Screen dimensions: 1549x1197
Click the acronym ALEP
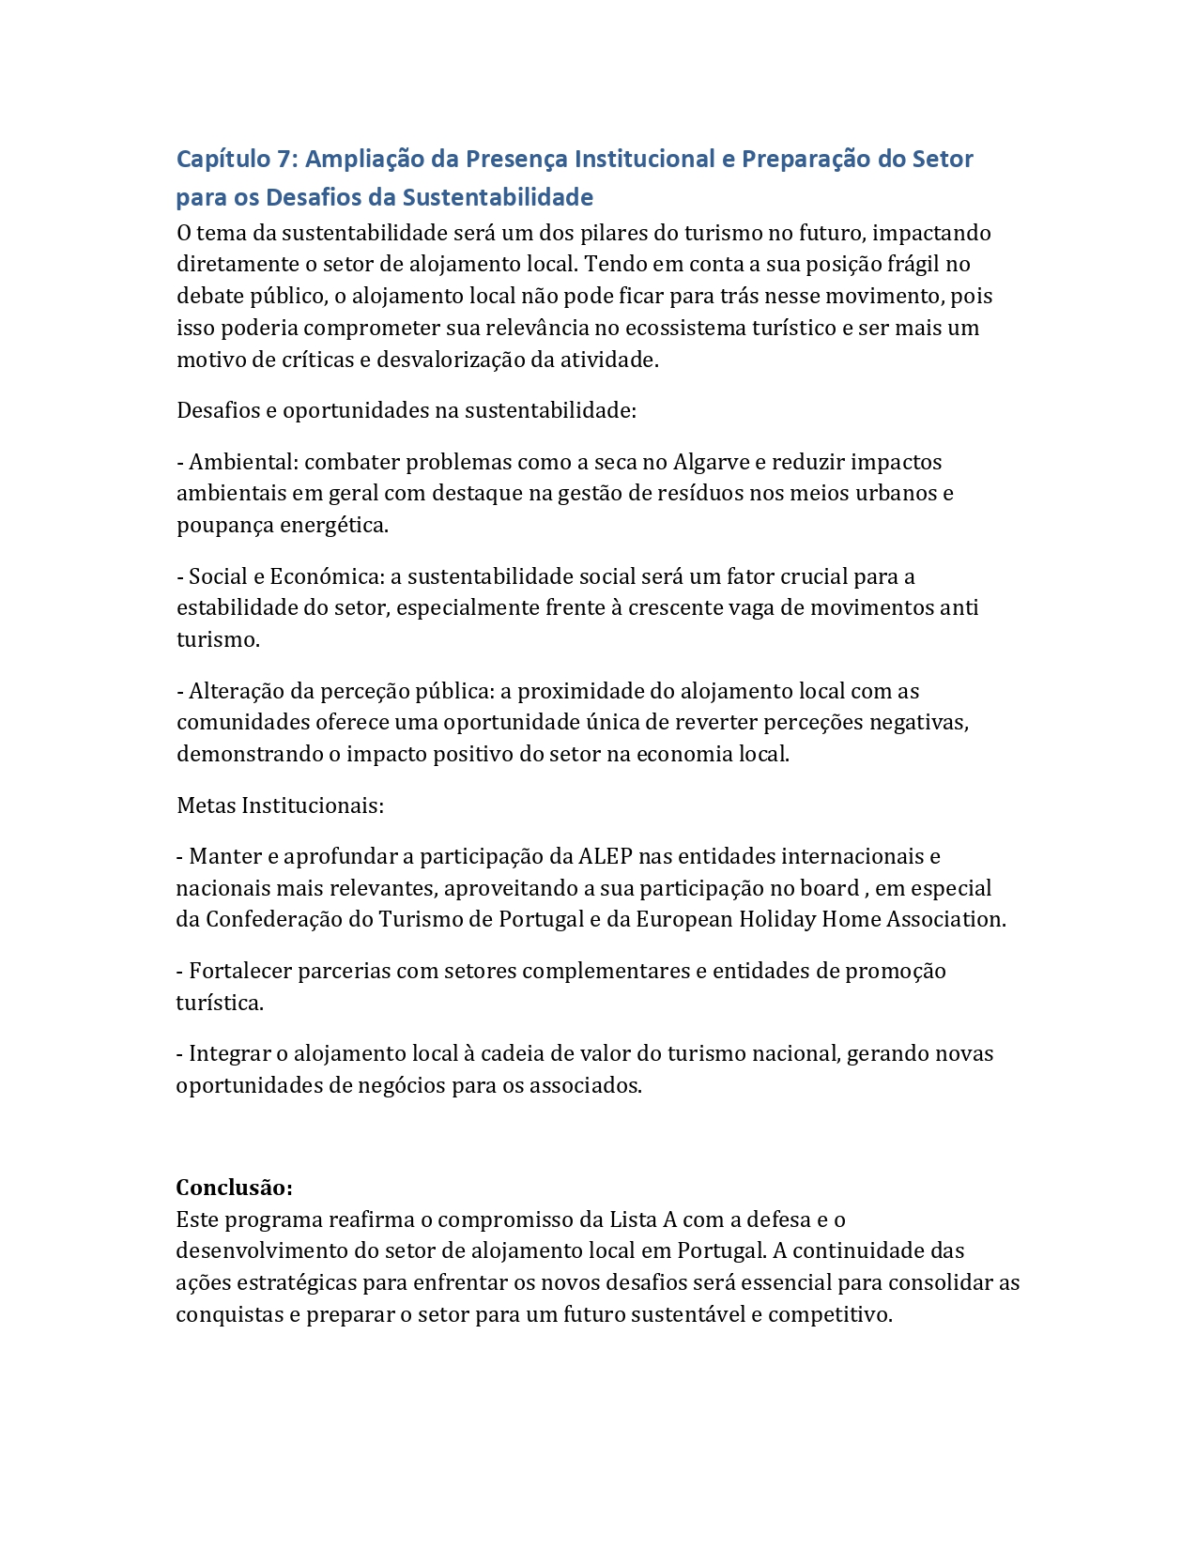coord(606,856)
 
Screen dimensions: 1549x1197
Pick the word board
coord(829,888)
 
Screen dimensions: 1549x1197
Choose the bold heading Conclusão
coord(234,1188)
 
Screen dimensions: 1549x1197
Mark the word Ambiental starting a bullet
coord(242,462)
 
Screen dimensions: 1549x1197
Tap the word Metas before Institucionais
coord(207,805)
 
